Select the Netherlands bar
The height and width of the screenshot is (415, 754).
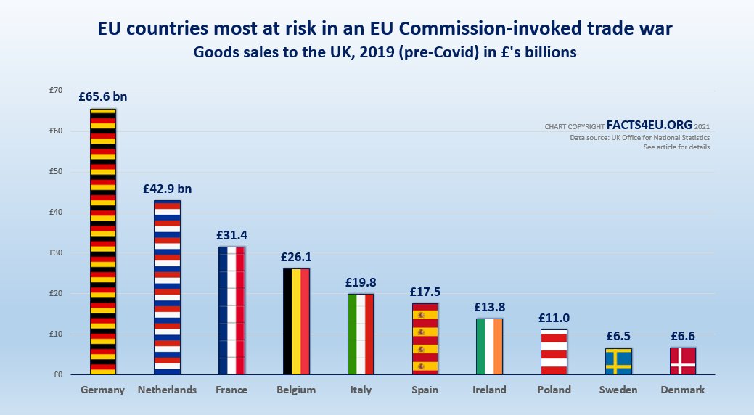click(x=167, y=287)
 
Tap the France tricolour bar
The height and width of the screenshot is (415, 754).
click(x=231, y=311)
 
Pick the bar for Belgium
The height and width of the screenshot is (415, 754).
click(x=296, y=321)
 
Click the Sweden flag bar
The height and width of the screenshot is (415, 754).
click(x=618, y=361)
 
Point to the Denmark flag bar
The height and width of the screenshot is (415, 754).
click(x=683, y=361)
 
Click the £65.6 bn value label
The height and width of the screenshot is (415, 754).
click(x=103, y=96)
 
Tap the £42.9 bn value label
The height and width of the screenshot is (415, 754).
click(x=167, y=189)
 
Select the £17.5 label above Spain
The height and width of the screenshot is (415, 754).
click(x=425, y=292)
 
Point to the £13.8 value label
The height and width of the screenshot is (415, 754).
click(x=489, y=307)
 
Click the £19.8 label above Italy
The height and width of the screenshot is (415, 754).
click(x=361, y=282)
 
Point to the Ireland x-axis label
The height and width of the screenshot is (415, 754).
click(x=489, y=390)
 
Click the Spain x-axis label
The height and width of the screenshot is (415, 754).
click(x=425, y=390)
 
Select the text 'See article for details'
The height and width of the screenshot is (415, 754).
click(x=676, y=147)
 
